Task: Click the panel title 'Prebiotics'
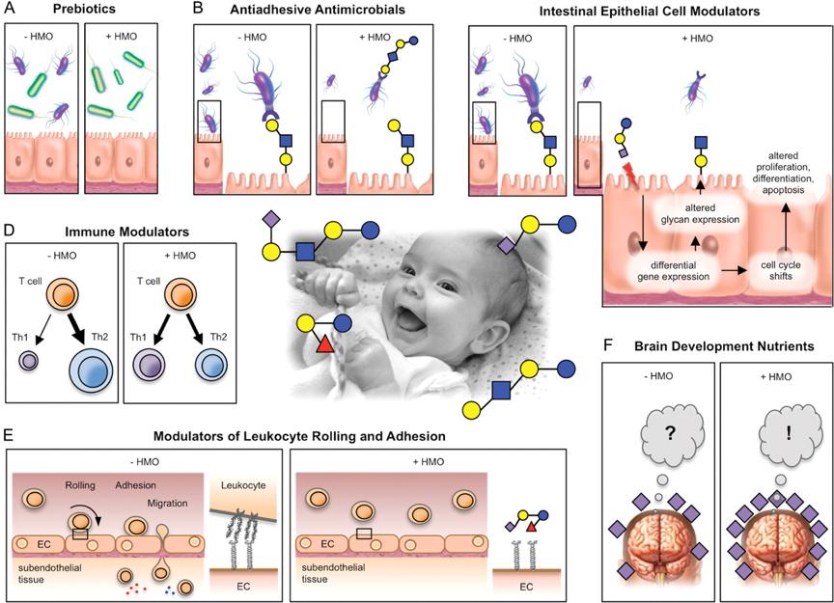(x=84, y=9)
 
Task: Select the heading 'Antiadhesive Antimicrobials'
(x=318, y=10)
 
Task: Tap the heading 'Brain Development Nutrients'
(x=724, y=346)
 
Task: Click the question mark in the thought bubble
(x=670, y=432)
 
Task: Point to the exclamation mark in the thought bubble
(x=789, y=432)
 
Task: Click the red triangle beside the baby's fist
(x=324, y=344)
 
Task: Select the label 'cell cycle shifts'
(x=780, y=270)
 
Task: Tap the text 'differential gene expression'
(x=673, y=271)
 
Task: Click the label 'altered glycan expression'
(x=700, y=214)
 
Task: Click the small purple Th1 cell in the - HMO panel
(x=28, y=361)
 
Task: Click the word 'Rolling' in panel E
(x=80, y=485)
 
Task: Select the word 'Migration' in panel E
(x=167, y=503)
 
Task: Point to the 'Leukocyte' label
(x=243, y=485)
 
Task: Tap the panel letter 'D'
(x=8, y=231)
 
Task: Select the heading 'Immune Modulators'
(x=126, y=232)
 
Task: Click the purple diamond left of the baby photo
(x=271, y=219)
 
